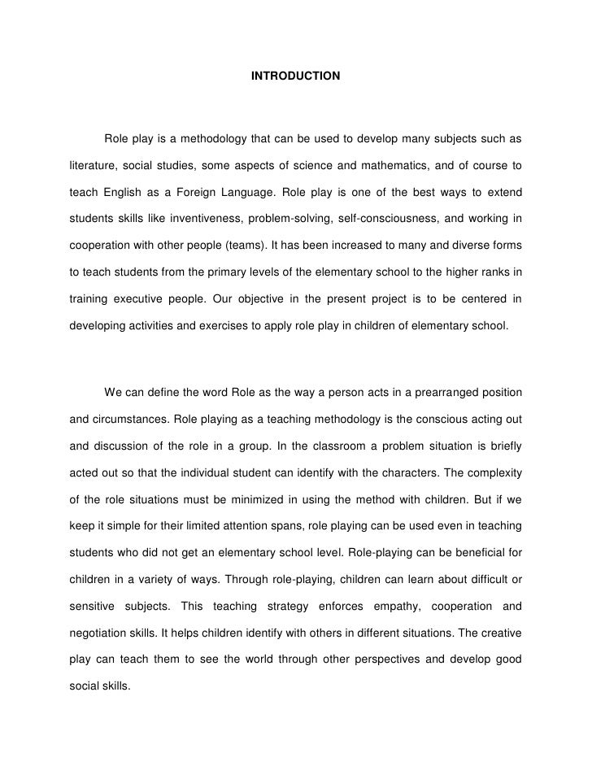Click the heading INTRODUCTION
coord(295,76)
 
